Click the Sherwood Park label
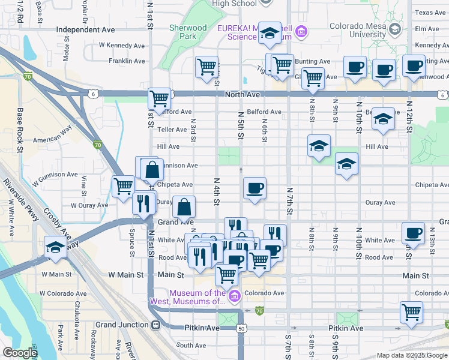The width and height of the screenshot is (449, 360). pos(188,32)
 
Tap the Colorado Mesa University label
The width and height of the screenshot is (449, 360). pos(355,30)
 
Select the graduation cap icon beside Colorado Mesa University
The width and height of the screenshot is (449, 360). pos(394,29)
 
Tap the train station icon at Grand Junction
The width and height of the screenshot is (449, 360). pos(156,325)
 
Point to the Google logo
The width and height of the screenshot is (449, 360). pos(20,353)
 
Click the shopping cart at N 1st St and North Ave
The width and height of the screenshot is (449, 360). pos(160,98)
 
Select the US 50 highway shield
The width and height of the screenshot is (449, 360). pos(241,329)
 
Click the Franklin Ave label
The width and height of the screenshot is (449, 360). pos(127,61)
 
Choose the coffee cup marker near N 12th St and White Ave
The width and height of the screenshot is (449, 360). pos(413,233)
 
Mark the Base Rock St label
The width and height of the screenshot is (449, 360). pos(20,130)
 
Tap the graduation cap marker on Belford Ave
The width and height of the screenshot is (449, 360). pos(383,119)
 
